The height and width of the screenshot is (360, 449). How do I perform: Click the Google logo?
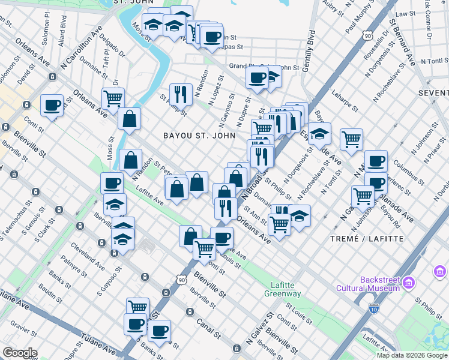(20, 352)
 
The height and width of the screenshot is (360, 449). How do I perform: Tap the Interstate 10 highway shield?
(373, 309)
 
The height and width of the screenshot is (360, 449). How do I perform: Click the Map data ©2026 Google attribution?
(412, 355)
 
